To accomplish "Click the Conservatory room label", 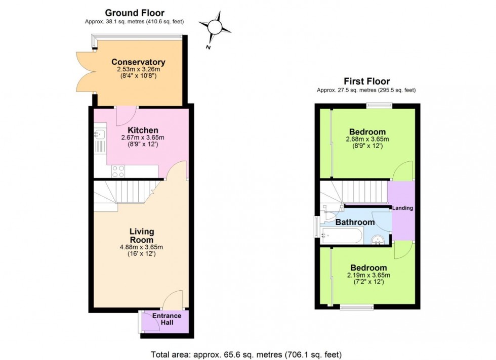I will point(138,62).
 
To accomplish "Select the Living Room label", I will point(141,236).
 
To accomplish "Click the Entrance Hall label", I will point(167,319).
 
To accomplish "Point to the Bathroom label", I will point(355,222).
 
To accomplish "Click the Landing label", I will point(402,208).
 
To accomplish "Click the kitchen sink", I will point(100,134).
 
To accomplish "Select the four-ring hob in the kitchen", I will point(118,171).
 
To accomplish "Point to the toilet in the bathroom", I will point(329,216).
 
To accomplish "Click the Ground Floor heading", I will point(134,13).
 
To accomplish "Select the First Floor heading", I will point(366,81).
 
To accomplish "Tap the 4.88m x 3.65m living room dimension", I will point(141,247).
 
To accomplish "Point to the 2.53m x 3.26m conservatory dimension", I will point(138,70).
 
